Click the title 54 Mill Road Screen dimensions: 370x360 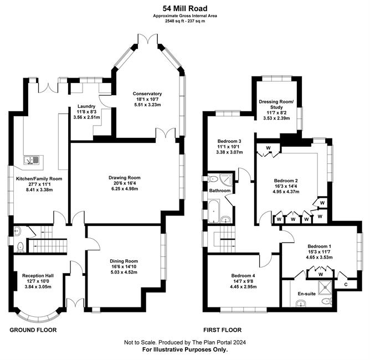pyautogui.click(x=185, y=9)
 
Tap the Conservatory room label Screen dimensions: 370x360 pyautogui.click(x=147, y=94)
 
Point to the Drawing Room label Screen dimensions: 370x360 pyautogui.click(x=125, y=178)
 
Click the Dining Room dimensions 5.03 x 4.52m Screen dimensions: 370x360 pyautogui.click(x=124, y=272)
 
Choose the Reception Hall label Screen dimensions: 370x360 pyautogui.click(x=38, y=276)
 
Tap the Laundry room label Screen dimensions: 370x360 pyautogui.click(x=86, y=106)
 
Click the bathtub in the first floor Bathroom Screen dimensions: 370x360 pyautogui.click(x=214, y=212)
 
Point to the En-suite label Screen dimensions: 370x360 pyautogui.click(x=306, y=294)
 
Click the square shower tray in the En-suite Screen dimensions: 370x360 pyautogui.click(x=325, y=287)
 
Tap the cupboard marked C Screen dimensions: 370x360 pyautogui.click(x=346, y=285)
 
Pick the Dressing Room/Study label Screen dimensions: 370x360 pyautogui.click(x=276, y=104)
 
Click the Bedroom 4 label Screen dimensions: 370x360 pyautogui.click(x=243, y=276)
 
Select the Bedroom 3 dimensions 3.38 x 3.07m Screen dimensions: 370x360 pyautogui.click(x=229, y=152)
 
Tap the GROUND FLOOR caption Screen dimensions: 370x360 pyautogui.click(x=33, y=330)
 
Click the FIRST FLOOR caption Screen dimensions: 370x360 pyautogui.click(x=222, y=330)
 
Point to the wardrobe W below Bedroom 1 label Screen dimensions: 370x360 pyautogui.click(x=321, y=274)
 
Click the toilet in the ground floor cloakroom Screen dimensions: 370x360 pyautogui.click(x=20, y=247)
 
